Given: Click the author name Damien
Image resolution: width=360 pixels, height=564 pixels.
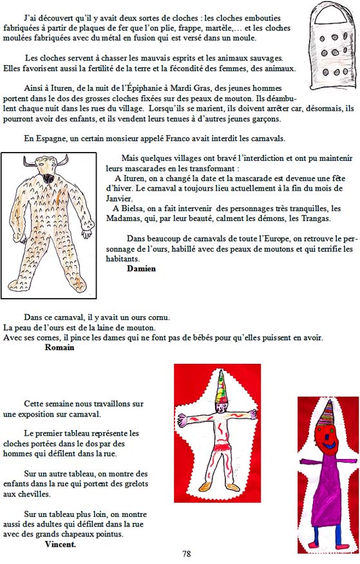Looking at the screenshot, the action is pyautogui.click(x=141, y=268).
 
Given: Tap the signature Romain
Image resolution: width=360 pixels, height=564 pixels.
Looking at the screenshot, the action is pyautogui.click(x=59, y=348).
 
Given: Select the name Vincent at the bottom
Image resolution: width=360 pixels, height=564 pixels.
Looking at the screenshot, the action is pyautogui.click(x=61, y=544).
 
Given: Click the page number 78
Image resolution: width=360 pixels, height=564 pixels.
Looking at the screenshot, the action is pyautogui.click(x=186, y=554).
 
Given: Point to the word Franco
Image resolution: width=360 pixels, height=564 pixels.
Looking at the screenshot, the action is pyautogui.click(x=177, y=138).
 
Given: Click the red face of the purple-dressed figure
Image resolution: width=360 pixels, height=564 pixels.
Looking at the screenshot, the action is pyautogui.click(x=327, y=438).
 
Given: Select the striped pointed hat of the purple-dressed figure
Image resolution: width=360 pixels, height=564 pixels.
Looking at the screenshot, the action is pyautogui.click(x=325, y=413).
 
